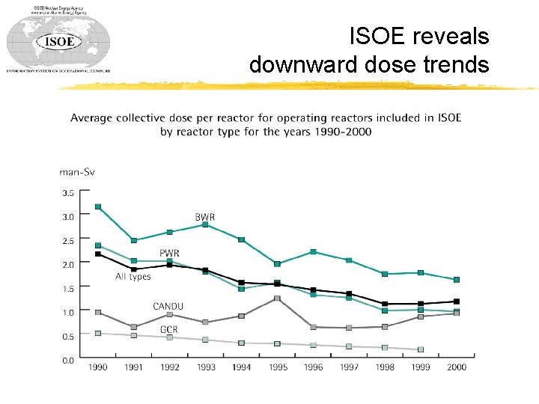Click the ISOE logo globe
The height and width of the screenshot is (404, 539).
(58, 40)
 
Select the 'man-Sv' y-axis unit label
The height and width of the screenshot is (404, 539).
(77, 172)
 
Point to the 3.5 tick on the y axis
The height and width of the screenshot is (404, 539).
(67, 192)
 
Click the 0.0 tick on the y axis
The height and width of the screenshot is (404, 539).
(67, 360)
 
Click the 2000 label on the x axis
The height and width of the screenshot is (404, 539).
(456, 367)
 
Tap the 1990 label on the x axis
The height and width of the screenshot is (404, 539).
(97, 367)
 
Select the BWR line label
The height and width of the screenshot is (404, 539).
(205, 217)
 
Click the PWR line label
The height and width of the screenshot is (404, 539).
(168, 253)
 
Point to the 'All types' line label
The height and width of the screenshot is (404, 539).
(133, 277)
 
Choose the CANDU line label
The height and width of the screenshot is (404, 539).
(168, 306)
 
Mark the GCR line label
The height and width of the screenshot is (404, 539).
(168, 329)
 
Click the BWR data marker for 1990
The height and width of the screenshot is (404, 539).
(98, 206)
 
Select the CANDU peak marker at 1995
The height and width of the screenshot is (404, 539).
(277, 299)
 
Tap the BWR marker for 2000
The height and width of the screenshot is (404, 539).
(457, 280)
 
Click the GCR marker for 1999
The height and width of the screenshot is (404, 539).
(421, 349)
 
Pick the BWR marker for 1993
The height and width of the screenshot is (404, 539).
(205, 224)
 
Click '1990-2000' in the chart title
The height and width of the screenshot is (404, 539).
(341, 132)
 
